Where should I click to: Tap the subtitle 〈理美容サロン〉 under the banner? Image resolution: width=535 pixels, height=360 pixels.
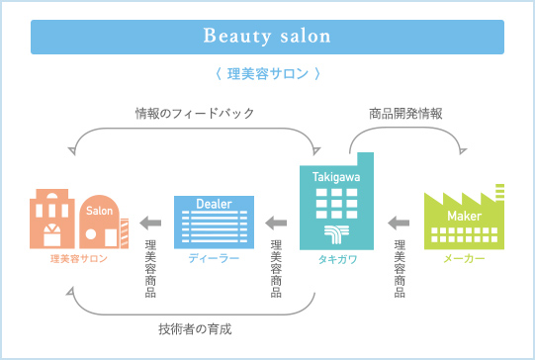(267, 73)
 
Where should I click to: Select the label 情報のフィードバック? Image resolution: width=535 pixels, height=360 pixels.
(195, 114)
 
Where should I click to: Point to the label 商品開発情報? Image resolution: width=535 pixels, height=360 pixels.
(405, 114)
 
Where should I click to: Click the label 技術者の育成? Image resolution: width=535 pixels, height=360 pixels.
(194, 327)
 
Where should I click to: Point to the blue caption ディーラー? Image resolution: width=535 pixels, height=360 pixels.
(215, 258)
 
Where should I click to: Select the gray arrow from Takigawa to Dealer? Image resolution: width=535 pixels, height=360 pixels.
(276, 223)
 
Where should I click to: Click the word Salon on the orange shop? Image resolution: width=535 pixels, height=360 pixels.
(101, 211)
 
